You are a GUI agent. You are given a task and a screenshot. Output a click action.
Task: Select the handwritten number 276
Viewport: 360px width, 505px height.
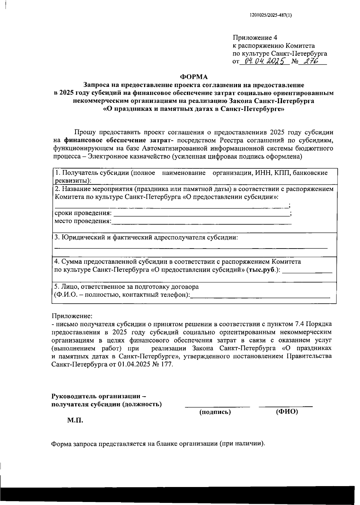(x=310, y=61)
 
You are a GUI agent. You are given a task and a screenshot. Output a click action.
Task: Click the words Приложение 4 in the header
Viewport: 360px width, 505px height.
(x=255, y=38)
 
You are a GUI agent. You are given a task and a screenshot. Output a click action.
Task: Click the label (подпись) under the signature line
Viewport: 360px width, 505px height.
(x=215, y=412)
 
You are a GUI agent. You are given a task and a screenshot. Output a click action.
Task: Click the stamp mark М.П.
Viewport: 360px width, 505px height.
(x=75, y=420)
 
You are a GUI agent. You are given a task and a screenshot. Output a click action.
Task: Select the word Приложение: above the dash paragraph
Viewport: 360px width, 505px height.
(x=72, y=316)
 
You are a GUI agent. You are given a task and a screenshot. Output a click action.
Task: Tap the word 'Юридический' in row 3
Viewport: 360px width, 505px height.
(x=79, y=238)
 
